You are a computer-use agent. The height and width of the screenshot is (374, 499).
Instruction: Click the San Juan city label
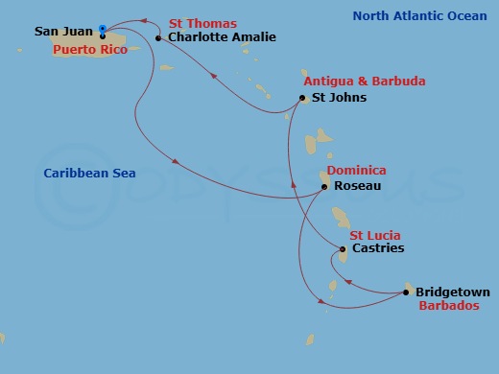pyautogui.click(x=63, y=32)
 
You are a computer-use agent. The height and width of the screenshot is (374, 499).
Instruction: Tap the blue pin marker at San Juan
pyautogui.click(x=103, y=29)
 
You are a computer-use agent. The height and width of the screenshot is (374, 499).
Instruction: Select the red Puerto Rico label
pyautogui.click(x=82, y=49)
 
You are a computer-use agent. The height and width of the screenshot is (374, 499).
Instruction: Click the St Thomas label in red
pyautogui.click(x=202, y=23)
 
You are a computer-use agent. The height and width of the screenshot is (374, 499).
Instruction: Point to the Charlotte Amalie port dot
pyautogui.click(x=158, y=37)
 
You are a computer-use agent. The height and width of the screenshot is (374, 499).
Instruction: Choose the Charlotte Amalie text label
pyautogui.click(x=222, y=37)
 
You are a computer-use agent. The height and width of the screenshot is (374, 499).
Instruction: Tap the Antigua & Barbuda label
pyautogui.click(x=364, y=82)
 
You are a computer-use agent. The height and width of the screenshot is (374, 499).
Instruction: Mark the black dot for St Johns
pyautogui.click(x=302, y=98)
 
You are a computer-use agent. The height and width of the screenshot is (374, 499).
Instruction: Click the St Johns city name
pyautogui.click(x=339, y=98)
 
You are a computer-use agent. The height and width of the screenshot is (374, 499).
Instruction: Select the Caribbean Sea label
pyautogui.click(x=89, y=174)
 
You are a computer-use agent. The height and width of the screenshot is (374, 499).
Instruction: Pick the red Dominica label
pyautogui.click(x=356, y=171)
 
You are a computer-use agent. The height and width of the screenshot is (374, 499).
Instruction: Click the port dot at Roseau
pyautogui.click(x=324, y=186)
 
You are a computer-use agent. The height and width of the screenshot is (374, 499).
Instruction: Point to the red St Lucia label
pyautogui.click(x=374, y=235)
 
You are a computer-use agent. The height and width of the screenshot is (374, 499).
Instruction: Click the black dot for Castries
pyautogui.click(x=343, y=249)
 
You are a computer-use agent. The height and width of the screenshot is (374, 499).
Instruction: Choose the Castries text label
pyautogui.click(x=378, y=249)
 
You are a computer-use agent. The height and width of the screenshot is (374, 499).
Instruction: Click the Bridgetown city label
pyautogui.click(x=453, y=292)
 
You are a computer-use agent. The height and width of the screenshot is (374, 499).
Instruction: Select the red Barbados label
pyautogui.click(x=448, y=307)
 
